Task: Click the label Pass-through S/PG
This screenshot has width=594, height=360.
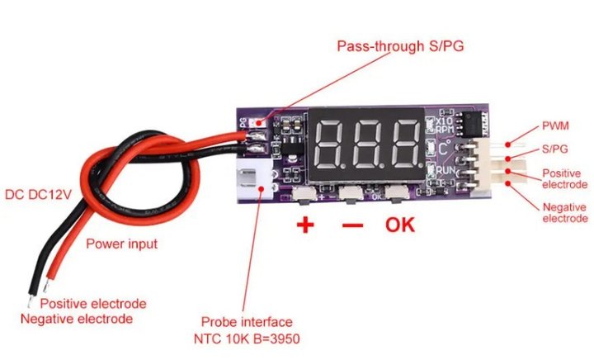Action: click(x=400, y=45)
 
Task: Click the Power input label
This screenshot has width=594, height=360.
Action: click(x=122, y=244)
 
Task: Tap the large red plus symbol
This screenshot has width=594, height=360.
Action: click(x=305, y=225)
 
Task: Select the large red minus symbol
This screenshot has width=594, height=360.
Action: click(x=351, y=225)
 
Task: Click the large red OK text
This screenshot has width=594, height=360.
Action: click(x=400, y=224)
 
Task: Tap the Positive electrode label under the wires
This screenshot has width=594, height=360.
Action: click(x=93, y=303)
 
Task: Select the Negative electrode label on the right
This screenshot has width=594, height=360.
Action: click(x=564, y=212)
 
